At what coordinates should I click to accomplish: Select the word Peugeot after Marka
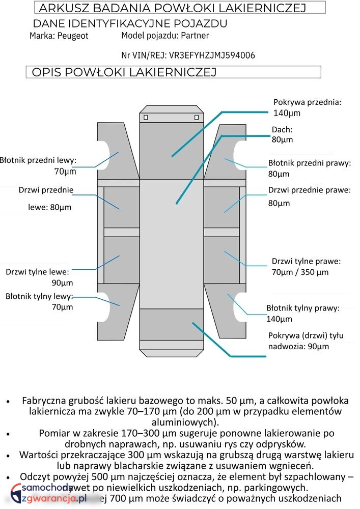coord(73,36)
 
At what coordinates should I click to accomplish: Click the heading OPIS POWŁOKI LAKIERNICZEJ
coord(124,72)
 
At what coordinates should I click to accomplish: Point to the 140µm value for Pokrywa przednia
coord(287,113)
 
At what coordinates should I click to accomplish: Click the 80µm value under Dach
coord(282,139)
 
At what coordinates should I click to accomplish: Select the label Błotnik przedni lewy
coord(38,160)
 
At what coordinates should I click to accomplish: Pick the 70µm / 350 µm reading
coord(300,272)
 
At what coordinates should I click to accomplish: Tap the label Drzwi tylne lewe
coord(37,272)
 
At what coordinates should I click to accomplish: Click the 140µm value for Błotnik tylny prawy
coord(279,319)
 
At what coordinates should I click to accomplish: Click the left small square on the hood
coord(146,118)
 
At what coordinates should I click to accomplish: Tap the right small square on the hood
coord(197,118)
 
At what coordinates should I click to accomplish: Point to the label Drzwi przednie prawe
coord(310,190)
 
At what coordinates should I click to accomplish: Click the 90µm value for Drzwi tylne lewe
coord(62,283)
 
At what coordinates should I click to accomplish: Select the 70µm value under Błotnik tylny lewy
coord(62,307)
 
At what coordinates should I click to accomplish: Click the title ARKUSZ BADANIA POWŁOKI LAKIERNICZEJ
coord(172,8)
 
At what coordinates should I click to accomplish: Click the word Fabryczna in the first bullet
coord(43,400)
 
